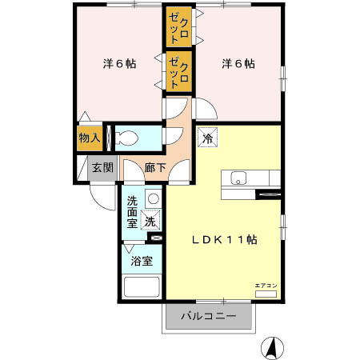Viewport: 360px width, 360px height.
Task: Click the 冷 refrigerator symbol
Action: click(208, 138)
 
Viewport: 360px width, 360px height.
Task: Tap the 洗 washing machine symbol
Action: click(150, 222)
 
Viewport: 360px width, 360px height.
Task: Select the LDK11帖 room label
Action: click(223, 239)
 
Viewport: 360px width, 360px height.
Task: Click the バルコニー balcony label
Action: click(207, 316)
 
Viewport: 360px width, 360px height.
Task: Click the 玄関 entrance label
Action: click(102, 168)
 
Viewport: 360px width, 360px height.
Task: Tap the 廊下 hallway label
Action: click(155, 168)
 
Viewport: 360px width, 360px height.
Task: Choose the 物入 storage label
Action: click(89, 138)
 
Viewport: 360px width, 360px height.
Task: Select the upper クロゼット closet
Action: click(178, 27)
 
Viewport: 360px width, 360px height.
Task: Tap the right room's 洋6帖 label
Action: click(238, 63)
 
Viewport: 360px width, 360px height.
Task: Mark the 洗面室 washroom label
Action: click(132, 214)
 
